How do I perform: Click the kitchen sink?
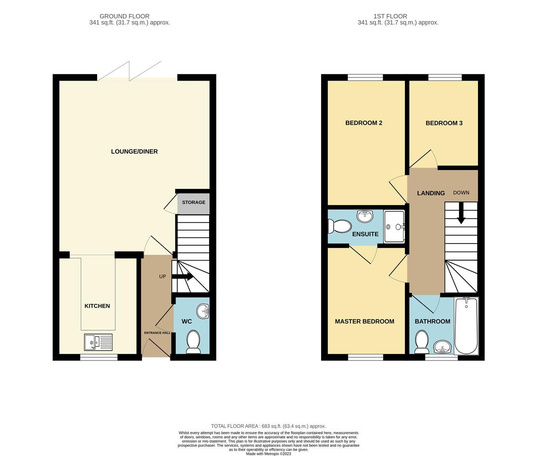(x=98, y=342)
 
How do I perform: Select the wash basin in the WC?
(x=204, y=312)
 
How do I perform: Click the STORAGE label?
(x=194, y=202)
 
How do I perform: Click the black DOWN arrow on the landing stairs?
(x=461, y=212)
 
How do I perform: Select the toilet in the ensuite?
(x=340, y=227)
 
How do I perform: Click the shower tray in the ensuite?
(x=394, y=227)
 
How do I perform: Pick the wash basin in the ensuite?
(x=364, y=216)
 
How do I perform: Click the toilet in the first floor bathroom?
(x=421, y=342)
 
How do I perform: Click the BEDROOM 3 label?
(x=444, y=123)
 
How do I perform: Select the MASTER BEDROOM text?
(x=364, y=321)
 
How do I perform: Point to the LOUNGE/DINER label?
(x=134, y=152)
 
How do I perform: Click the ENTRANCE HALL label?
(x=157, y=333)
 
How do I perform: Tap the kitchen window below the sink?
(x=99, y=357)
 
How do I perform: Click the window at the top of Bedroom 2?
(x=365, y=77)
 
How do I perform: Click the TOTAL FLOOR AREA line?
(x=268, y=426)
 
